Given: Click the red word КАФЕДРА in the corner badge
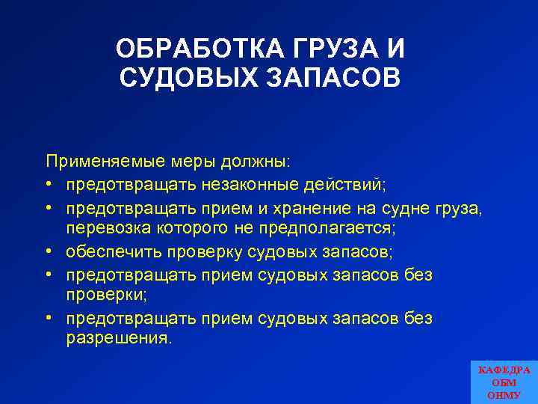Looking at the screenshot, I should (504, 370).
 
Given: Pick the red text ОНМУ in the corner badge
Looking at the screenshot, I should (504, 394).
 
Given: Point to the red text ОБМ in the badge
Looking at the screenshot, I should (504, 382).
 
